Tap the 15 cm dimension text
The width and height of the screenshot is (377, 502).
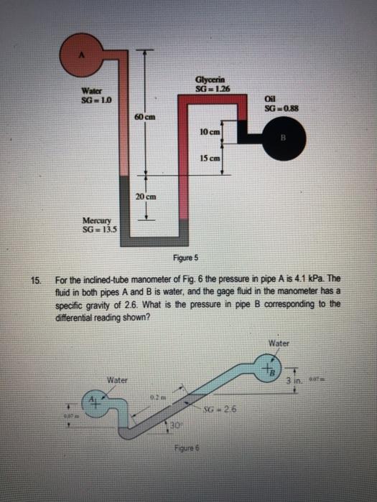210,158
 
